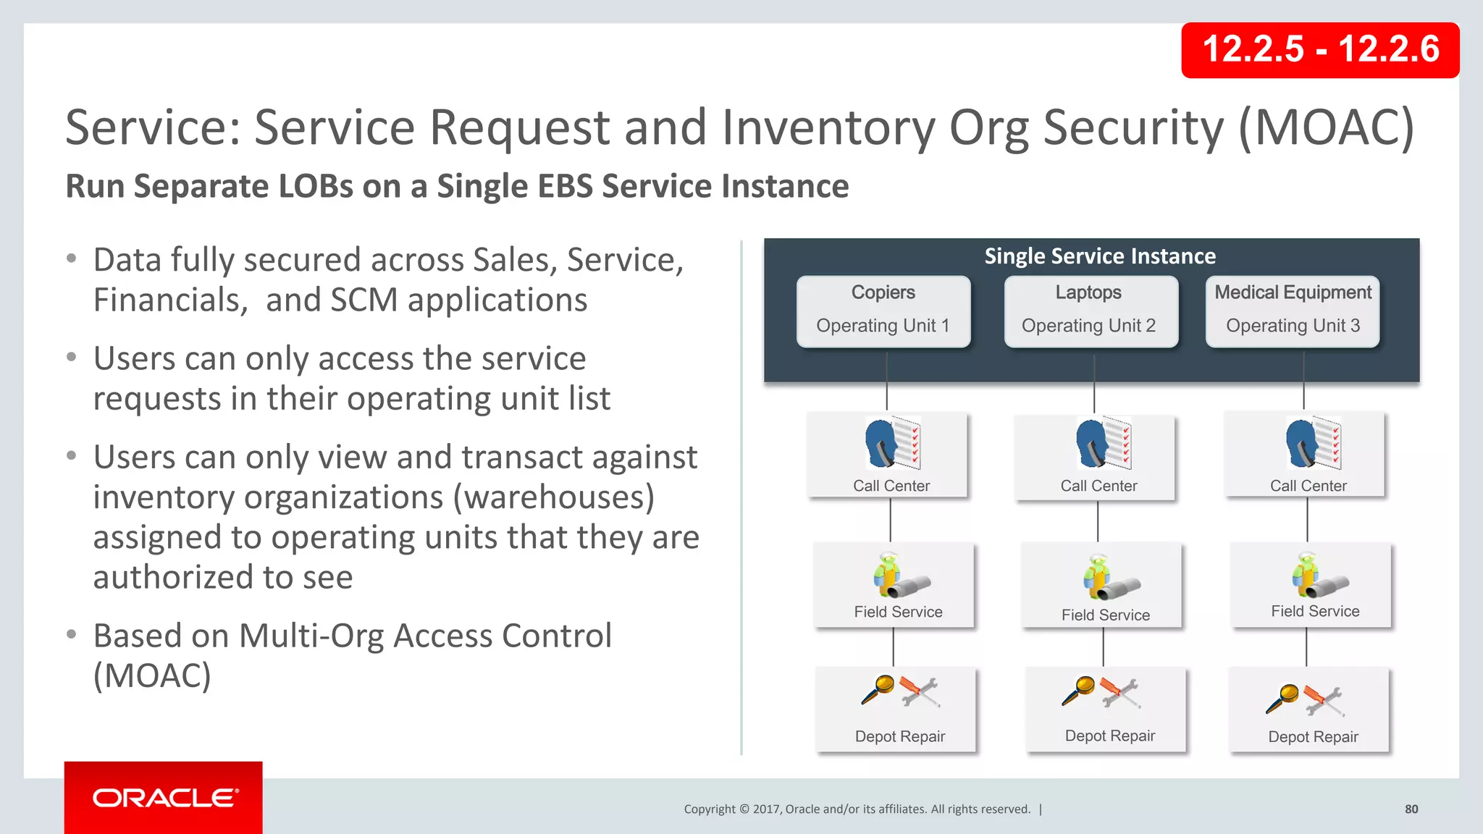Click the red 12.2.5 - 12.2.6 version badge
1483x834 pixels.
1319,50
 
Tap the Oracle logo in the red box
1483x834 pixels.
164,798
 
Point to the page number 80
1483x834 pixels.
1411,809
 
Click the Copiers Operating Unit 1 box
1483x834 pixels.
883,311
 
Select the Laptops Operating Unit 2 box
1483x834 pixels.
1090,311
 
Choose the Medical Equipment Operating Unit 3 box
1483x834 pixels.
1293,311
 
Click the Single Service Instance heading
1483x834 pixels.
1099,256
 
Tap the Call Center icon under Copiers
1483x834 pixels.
893,444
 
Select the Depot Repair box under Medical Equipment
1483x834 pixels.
1309,710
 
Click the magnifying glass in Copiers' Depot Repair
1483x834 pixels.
878,688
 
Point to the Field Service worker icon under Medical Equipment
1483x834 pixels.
1305,573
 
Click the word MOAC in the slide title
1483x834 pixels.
1327,128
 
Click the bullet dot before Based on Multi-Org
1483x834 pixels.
71,635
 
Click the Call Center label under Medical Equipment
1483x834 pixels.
1308,486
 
